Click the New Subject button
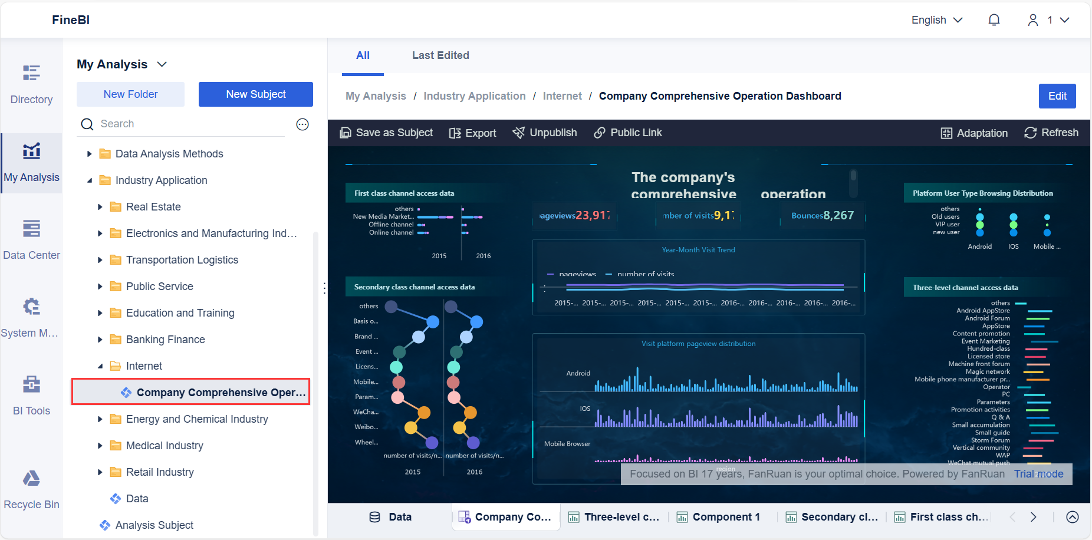[x=255, y=94]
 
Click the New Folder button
[x=130, y=94]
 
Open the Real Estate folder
[x=153, y=207]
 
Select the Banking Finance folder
[x=165, y=340]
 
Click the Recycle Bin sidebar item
[x=31, y=489]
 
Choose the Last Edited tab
[x=440, y=55]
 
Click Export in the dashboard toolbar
[x=473, y=133]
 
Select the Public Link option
[x=628, y=133]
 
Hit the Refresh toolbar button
[x=1051, y=133]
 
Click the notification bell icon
[x=994, y=20]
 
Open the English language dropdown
[x=936, y=20]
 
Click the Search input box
[x=189, y=124]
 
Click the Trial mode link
[x=1038, y=474]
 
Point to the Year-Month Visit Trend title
[x=698, y=250]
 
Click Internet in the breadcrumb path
[x=562, y=96]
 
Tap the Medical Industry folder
[x=165, y=446]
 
